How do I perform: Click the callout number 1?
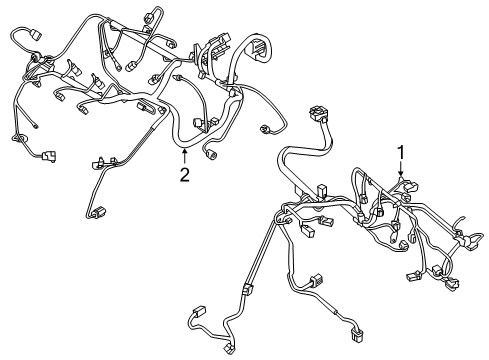401,153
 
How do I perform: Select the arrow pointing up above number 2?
184,155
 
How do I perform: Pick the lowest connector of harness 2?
98,212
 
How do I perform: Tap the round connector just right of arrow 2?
210,156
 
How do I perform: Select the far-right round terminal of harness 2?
267,129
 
